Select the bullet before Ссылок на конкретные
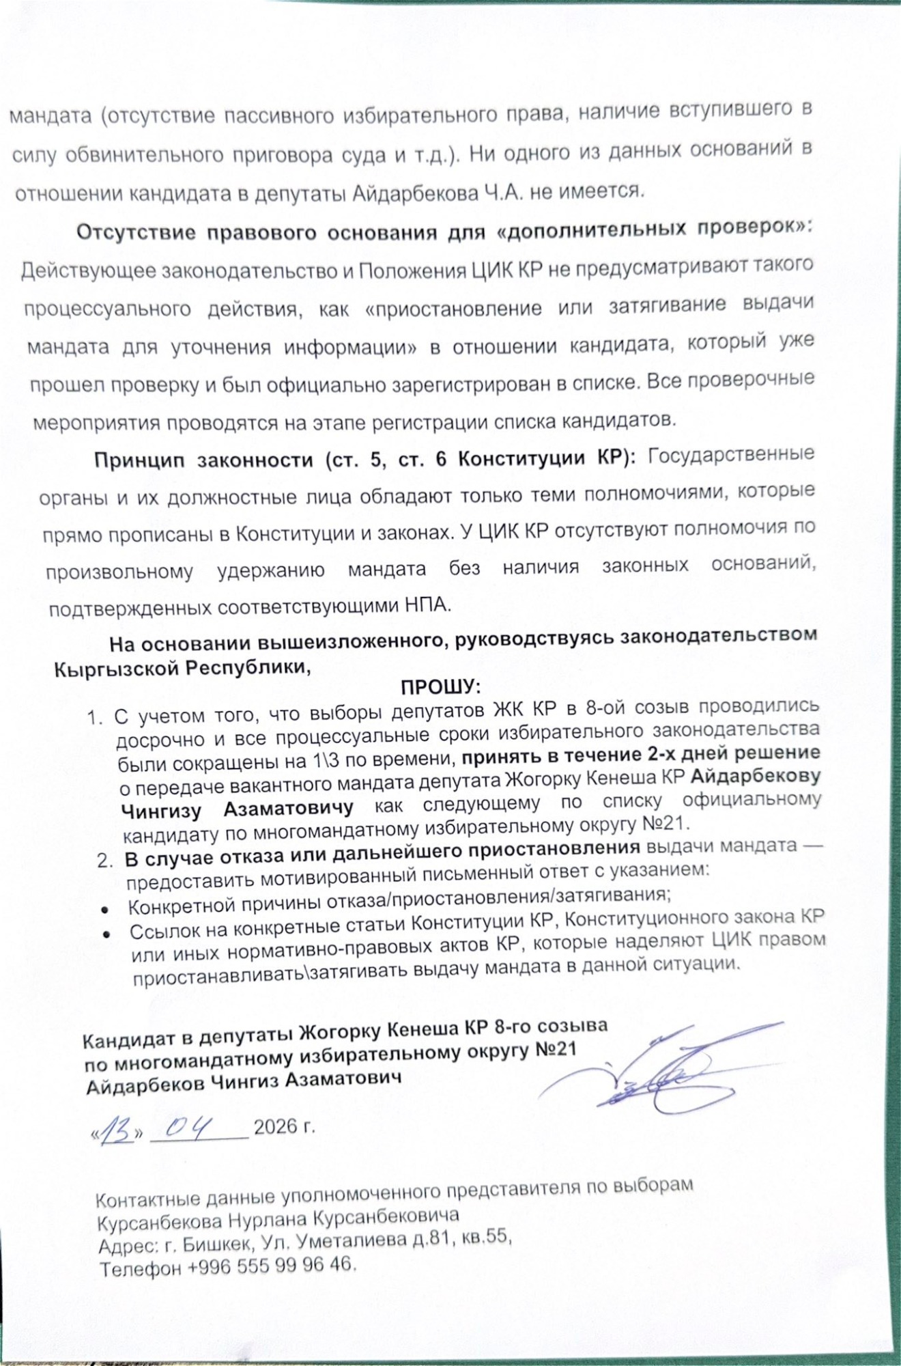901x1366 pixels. (x=107, y=934)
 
